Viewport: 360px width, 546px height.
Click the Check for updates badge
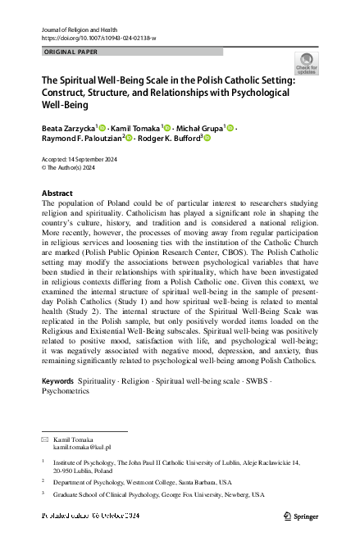(x=308, y=63)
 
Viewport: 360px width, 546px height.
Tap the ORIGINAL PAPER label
(x=69, y=52)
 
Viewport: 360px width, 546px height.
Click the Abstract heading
(x=57, y=193)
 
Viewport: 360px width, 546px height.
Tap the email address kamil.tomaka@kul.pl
(x=82, y=448)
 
